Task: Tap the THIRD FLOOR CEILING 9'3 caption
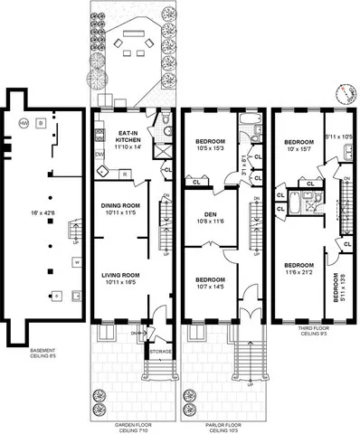point(311,333)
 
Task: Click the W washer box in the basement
point(52,263)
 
